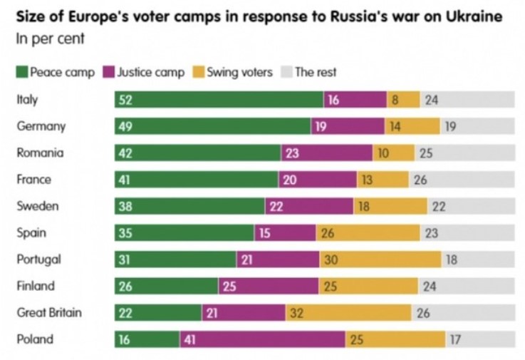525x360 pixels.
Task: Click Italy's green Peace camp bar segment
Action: (x=219, y=101)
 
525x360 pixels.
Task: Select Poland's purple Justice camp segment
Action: (x=261, y=340)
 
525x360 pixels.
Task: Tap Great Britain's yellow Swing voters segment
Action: (x=348, y=313)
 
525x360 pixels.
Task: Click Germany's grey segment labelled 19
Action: (x=477, y=127)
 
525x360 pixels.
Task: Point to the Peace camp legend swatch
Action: (x=22, y=72)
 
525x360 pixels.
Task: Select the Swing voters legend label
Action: (x=239, y=72)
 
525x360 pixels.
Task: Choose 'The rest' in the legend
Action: (x=316, y=72)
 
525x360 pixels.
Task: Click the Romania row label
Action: (x=40, y=153)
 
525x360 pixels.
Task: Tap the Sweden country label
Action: (x=37, y=206)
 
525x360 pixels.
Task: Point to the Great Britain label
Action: (x=49, y=313)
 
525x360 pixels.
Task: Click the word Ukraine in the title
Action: (x=479, y=16)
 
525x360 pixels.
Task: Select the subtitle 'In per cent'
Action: (x=49, y=38)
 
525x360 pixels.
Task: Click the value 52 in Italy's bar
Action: (x=126, y=101)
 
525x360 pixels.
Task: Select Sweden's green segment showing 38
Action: (x=189, y=207)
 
